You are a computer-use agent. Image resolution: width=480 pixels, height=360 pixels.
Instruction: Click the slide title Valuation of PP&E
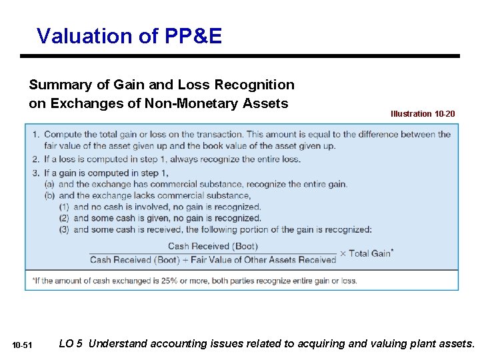(129, 35)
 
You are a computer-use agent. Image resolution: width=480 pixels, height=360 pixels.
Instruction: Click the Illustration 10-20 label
(423, 114)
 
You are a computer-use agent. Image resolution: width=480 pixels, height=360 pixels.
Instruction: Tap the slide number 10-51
(22, 345)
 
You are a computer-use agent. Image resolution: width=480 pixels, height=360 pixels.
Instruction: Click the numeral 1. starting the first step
(35, 135)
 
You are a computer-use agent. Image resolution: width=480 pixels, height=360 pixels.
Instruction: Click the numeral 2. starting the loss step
(35, 159)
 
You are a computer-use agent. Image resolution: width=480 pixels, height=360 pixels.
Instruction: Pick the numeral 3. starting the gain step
(35, 172)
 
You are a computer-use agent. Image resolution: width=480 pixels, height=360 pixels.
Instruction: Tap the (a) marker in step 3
(49, 184)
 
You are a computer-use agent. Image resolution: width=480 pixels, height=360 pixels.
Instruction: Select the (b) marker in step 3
(49, 195)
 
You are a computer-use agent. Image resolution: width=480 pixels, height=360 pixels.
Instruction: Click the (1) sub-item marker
(65, 207)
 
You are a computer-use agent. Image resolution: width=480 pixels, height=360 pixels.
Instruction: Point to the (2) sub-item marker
(65, 218)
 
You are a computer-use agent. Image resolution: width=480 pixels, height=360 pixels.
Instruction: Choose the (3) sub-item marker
(65, 229)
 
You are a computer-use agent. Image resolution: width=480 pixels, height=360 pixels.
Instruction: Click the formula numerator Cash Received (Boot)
(212, 247)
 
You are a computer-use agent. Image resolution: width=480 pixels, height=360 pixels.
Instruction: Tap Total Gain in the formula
(370, 253)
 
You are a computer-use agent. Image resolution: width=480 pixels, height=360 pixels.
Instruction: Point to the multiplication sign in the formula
(343, 253)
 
